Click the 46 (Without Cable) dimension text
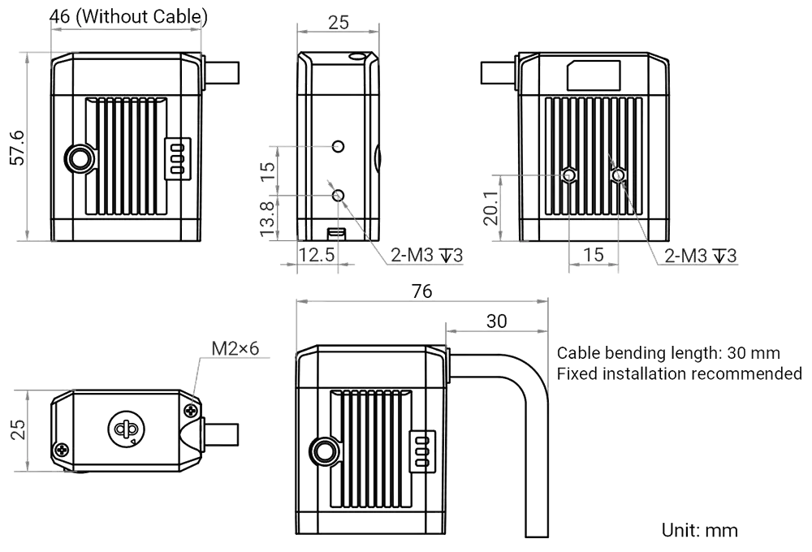click(x=128, y=16)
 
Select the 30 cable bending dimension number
click(x=496, y=320)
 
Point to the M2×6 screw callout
click(x=235, y=348)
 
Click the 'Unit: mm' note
click(x=701, y=531)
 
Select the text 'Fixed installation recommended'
click(x=680, y=374)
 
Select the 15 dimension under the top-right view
click(x=594, y=255)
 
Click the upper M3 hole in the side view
click(x=340, y=147)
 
